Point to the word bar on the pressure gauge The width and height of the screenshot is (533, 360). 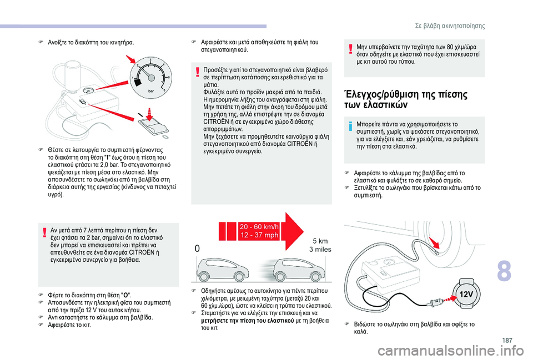coord(149,88)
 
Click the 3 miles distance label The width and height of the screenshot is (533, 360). coord(319,250)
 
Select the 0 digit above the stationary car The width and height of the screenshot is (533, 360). coord(197,250)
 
